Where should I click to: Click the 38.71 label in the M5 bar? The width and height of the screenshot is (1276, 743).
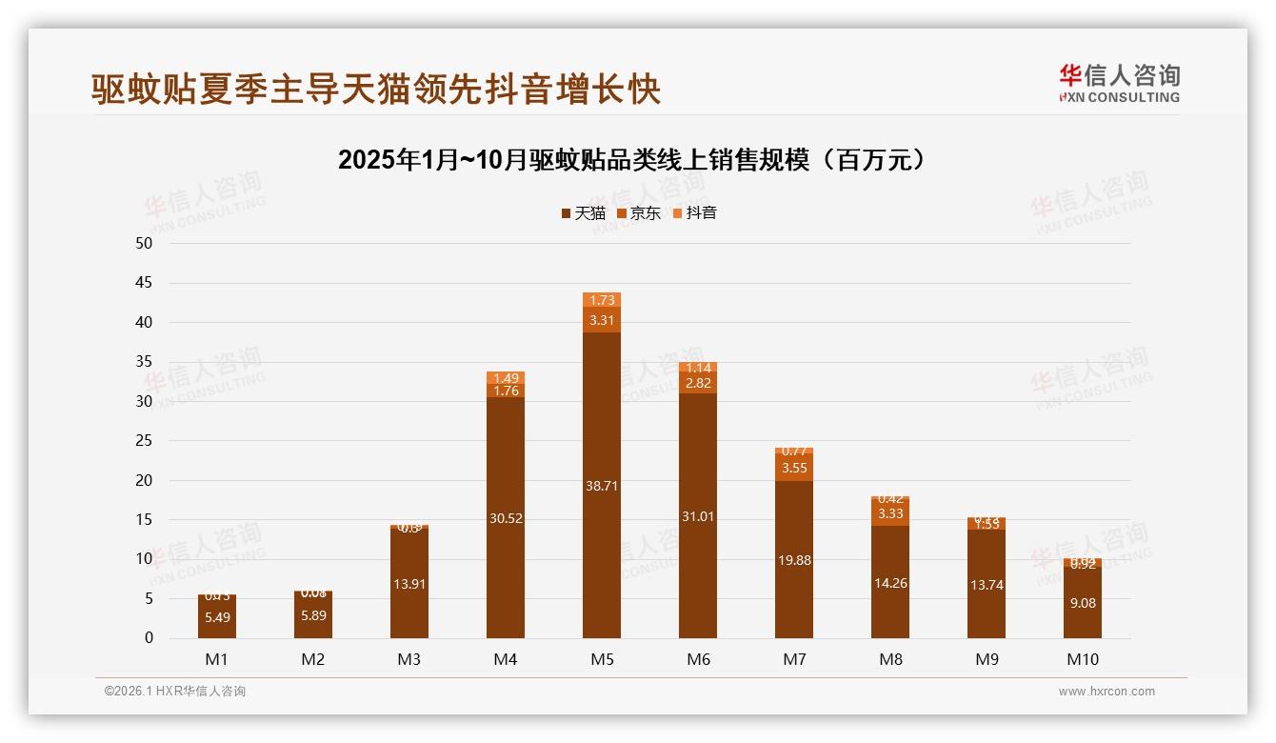602,486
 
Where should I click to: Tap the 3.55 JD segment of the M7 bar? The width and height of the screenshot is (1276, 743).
794,468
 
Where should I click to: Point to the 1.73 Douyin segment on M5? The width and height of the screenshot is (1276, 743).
602,300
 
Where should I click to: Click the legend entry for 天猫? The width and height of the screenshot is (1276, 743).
583,213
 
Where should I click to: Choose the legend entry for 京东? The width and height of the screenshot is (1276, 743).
639,213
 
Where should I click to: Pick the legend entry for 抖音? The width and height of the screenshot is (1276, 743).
694,213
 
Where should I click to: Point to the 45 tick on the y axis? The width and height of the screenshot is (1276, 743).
144,283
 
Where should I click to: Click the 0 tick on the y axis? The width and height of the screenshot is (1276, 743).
149,638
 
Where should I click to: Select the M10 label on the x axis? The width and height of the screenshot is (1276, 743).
1082,659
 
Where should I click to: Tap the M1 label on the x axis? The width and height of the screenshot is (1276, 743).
217,659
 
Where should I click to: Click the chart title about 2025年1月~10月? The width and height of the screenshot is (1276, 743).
632,160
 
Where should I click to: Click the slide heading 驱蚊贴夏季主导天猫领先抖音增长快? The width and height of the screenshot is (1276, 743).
376,90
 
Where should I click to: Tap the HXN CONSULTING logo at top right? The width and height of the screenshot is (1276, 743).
1119,84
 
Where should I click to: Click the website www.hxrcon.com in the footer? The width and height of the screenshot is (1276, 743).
1107,692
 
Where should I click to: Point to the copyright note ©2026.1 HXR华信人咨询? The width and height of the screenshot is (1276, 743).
175,692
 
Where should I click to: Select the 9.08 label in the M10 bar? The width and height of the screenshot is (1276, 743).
1082,603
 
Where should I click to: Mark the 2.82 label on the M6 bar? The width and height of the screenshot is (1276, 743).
698,384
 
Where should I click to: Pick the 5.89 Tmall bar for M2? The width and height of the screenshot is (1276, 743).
313,616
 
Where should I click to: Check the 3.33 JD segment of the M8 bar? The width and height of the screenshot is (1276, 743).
890,513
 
